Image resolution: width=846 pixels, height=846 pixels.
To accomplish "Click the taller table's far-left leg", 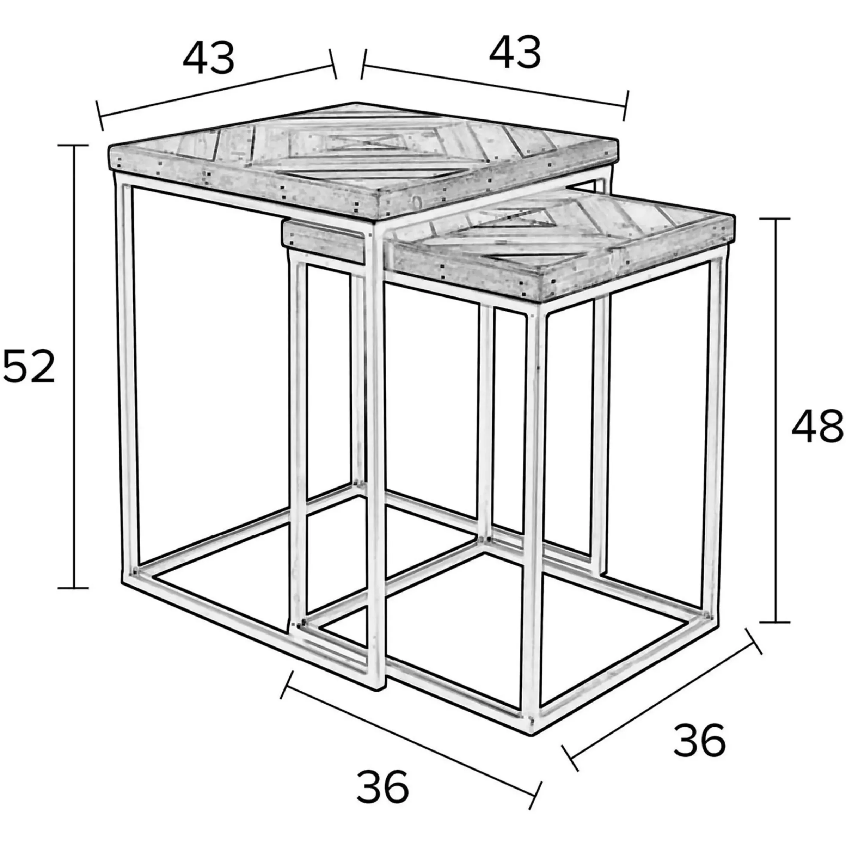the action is click(127, 376).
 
